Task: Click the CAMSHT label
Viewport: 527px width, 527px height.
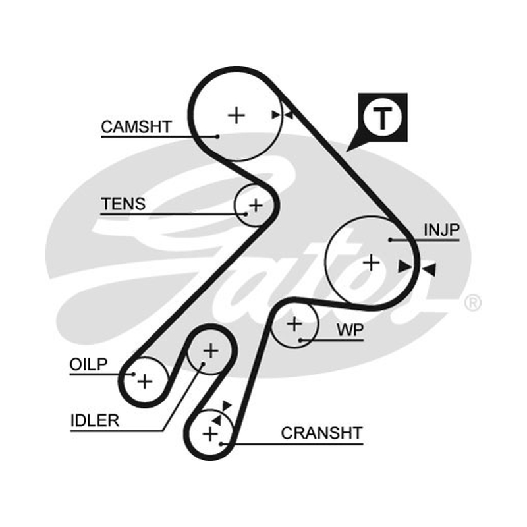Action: pos(136,127)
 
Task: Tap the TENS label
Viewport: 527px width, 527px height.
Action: pos(123,204)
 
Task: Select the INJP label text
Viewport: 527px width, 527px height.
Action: pos(441,230)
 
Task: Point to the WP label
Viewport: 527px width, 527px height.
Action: pos(350,330)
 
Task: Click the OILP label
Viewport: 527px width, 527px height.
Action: pos(88,364)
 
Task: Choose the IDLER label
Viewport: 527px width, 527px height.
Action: pos(95,420)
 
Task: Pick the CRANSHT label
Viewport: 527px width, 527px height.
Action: pos(321,433)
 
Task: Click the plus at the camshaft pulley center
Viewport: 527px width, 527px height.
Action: pos(236,115)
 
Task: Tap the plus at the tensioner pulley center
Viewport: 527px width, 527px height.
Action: pos(256,206)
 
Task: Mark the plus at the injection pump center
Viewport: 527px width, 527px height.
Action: pos(372,262)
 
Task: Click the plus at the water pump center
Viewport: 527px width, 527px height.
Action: pos(294,324)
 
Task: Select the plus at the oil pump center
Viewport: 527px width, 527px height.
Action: pos(145,381)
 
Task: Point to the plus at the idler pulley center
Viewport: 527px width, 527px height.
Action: pos(211,351)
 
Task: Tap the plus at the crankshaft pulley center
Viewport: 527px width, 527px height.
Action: pos(211,433)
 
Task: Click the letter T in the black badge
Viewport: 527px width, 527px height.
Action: pos(383,118)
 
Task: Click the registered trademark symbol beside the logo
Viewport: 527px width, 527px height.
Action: pos(472,303)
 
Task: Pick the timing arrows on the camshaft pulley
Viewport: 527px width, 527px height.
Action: pos(283,115)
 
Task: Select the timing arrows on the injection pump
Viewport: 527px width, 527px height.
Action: pos(417,268)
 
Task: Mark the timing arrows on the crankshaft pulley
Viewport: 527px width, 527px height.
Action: pos(221,413)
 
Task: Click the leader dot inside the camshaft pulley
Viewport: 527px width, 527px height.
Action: pos(217,136)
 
